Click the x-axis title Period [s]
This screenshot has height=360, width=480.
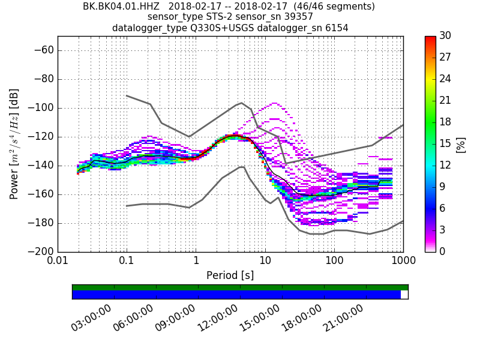230,275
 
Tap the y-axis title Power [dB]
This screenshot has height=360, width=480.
14,144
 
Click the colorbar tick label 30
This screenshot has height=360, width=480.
445,36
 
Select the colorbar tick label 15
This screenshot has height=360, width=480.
445,143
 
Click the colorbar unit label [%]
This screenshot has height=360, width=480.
461,144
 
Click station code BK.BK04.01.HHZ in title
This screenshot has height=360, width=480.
121,7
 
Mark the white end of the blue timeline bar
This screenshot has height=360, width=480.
404,295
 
